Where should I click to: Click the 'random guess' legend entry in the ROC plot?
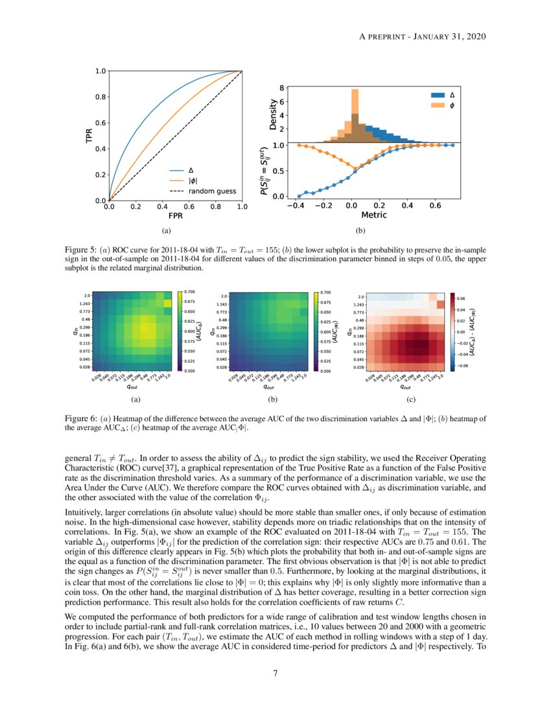click(212, 191)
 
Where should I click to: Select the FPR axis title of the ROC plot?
click(175, 215)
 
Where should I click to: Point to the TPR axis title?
click(89, 136)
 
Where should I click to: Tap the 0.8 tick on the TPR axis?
click(101, 97)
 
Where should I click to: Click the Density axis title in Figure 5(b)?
click(274, 113)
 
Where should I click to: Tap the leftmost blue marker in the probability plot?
click(299, 196)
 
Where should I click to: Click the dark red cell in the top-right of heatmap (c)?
click(440, 304)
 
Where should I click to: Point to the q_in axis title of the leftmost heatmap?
click(75, 330)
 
